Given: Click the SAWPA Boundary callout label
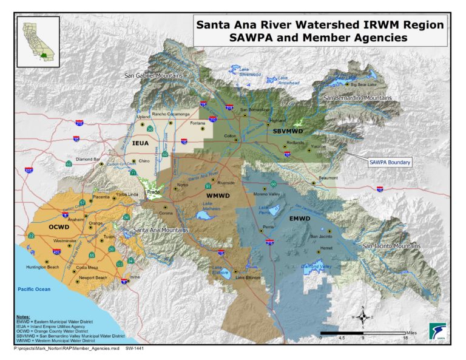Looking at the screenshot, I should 390,162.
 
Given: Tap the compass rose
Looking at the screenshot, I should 362,316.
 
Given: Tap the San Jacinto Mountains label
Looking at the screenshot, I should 391,246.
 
